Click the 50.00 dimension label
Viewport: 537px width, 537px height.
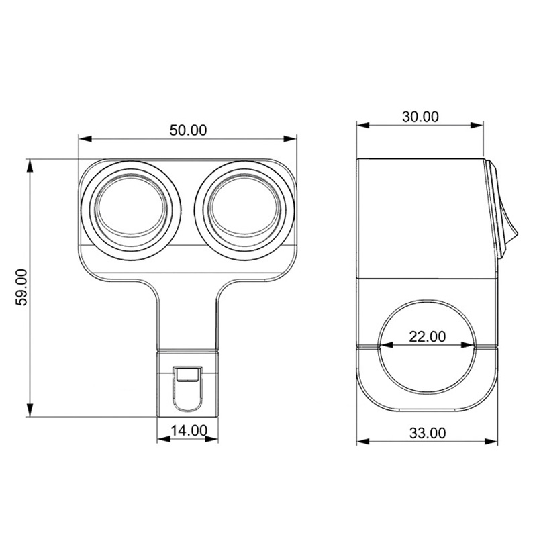tap(188, 130)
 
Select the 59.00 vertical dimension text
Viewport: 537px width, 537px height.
tap(21, 287)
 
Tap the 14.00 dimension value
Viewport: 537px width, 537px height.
tap(188, 431)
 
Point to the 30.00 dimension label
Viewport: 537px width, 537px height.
tap(420, 116)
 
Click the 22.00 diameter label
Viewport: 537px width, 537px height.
tap(427, 336)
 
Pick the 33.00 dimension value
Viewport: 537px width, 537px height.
tap(427, 433)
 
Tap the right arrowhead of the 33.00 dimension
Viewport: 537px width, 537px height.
tap(493, 442)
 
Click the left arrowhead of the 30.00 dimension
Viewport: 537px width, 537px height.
tap(361, 125)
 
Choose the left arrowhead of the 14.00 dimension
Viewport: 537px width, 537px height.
tap(162, 440)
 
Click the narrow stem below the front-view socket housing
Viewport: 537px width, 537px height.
tap(188, 315)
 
